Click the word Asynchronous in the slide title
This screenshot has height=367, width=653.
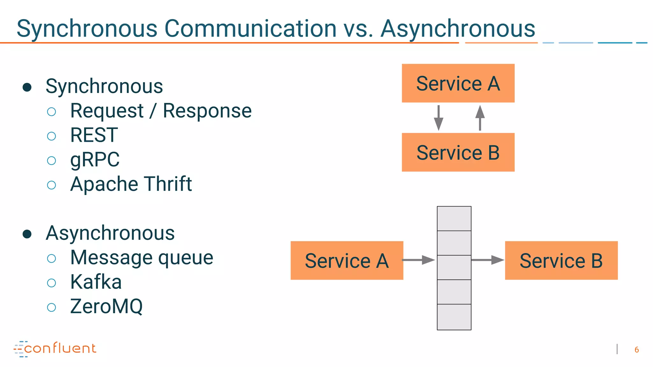(458, 29)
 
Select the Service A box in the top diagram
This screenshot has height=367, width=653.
(458, 83)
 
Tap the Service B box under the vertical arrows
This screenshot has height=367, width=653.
(458, 152)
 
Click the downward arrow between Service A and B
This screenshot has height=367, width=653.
(438, 118)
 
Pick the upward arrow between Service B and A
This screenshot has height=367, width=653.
(480, 118)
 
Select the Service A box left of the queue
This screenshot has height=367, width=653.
(347, 261)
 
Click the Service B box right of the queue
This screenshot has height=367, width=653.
(561, 261)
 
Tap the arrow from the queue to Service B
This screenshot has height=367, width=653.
(488, 260)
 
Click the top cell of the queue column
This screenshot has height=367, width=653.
(454, 219)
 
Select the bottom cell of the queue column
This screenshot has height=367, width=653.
(454, 317)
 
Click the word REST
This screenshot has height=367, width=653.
(94, 135)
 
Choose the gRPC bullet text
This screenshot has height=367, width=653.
(95, 159)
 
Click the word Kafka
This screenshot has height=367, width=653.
(96, 282)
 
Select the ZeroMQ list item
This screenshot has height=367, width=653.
(106, 306)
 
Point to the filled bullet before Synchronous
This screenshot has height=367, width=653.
(27, 87)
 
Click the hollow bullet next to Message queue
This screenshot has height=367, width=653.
(51, 258)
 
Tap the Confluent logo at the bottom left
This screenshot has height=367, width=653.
(55, 349)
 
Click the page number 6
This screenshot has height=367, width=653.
(636, 350)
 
